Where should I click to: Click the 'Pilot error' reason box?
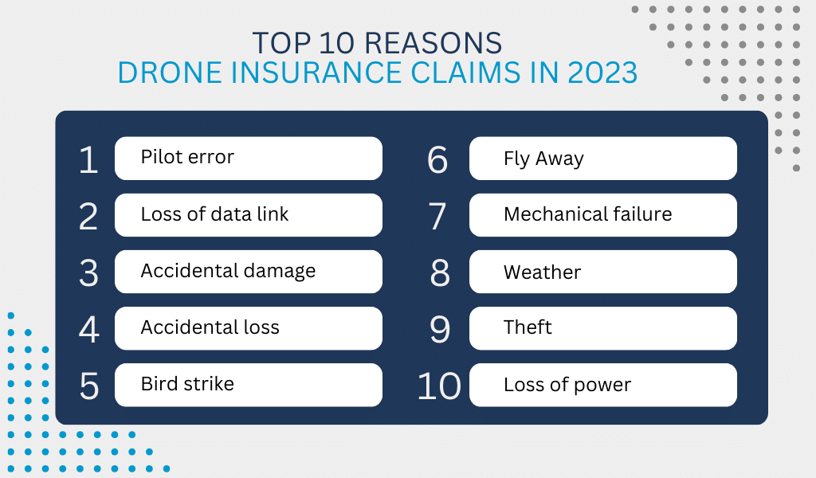[x=249, y=158]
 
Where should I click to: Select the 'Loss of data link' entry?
[x=249, y=215]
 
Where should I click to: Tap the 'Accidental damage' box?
[x=249, y=272]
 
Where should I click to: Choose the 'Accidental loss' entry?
[x=249, y=328]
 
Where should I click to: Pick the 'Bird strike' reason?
[x=249, y=385]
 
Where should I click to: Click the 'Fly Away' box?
[x=602, y=158]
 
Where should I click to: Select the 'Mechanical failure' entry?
[x=602, y=215]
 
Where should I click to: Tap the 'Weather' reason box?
[x=602, y=272]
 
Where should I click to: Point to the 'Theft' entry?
[x=602, y=328]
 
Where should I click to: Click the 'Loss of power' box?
[x=602, y=385]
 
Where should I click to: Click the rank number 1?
[x=88, y=159]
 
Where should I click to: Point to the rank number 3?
[x=88, y=273]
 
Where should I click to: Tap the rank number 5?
[x=89, y=386]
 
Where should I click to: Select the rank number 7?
[x=437, y=217]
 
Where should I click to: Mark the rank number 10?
[x=439, y=386]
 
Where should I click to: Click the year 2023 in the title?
[x=602, y=72]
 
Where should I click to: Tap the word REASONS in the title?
[x=433, y=43]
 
